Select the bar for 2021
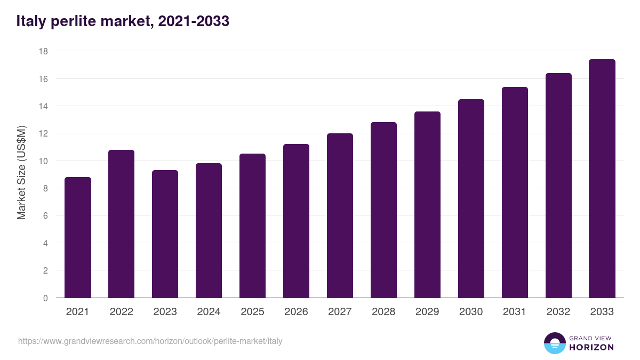click(78, 237)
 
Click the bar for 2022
click(121, 223)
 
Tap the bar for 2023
click(165, 234)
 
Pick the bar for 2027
click(340, 215)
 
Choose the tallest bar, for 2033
click(602, 179)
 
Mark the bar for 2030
click(471, 198)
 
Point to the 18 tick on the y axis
click(43, 51)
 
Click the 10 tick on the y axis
click(43, 161)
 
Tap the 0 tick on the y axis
click(45, 298)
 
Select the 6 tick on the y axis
click(45, 215)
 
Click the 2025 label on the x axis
click(252, 311)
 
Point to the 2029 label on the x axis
click(427, 311)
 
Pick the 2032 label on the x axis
click(558, 311)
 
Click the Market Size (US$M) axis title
click(21, 173)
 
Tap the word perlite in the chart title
click(74, 21)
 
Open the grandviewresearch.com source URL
click(150, 341)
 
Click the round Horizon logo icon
click(555, 343)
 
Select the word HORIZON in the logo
click(591, 347)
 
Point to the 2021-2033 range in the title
click(194, 21)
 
